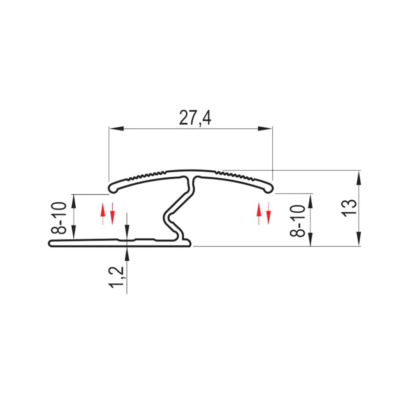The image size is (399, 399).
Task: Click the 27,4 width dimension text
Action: coord(195,118)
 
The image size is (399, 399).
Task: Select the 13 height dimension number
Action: coord(350,208)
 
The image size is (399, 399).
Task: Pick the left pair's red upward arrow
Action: coord(103,214)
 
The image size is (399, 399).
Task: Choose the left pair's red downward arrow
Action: coord(113,214)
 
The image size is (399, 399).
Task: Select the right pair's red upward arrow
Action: coord(259,214)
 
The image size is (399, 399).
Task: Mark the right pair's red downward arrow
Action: coord(268,214)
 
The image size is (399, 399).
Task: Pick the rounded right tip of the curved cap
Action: coord(268,189)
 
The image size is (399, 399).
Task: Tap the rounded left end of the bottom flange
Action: coord(51,243)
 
